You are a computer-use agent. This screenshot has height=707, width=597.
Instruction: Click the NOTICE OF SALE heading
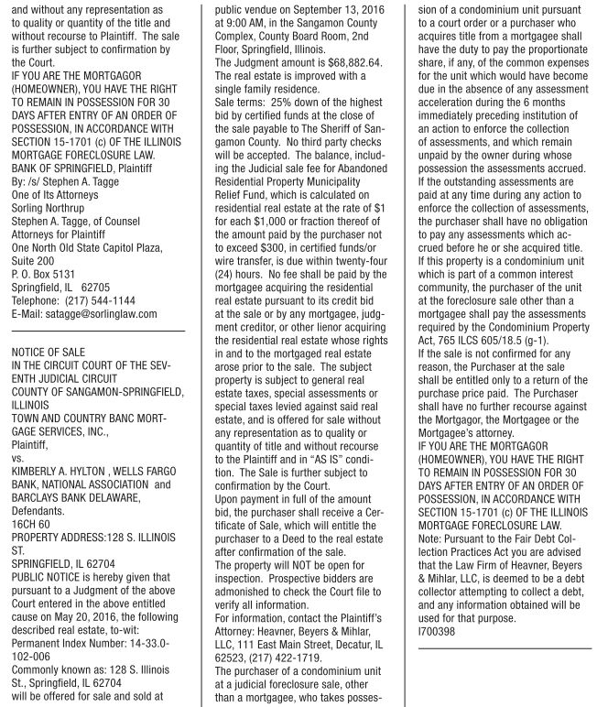click(48, 351)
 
